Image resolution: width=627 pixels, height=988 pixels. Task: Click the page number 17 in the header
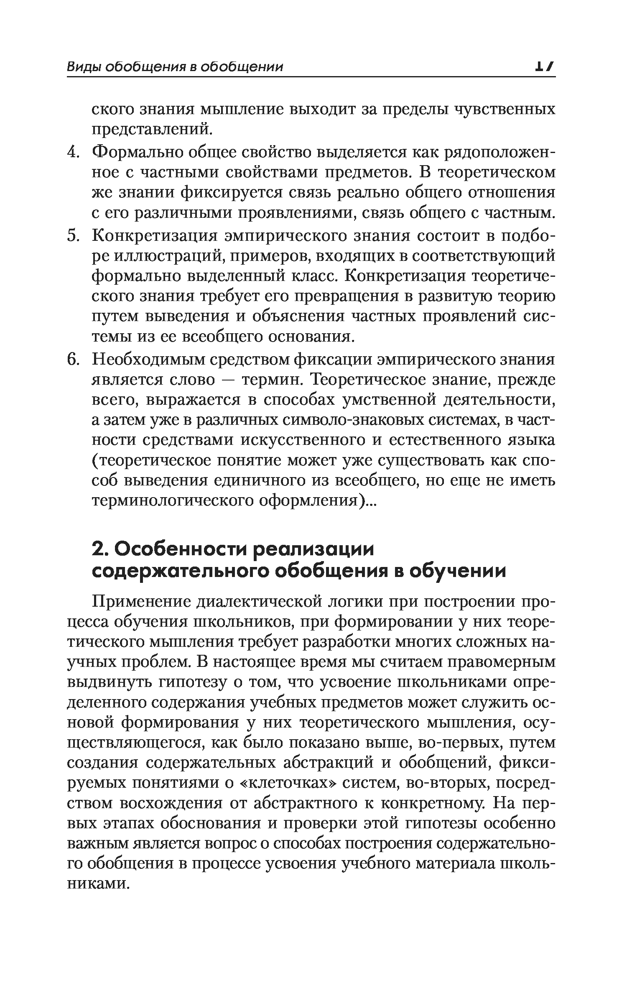tap(544, 66)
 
